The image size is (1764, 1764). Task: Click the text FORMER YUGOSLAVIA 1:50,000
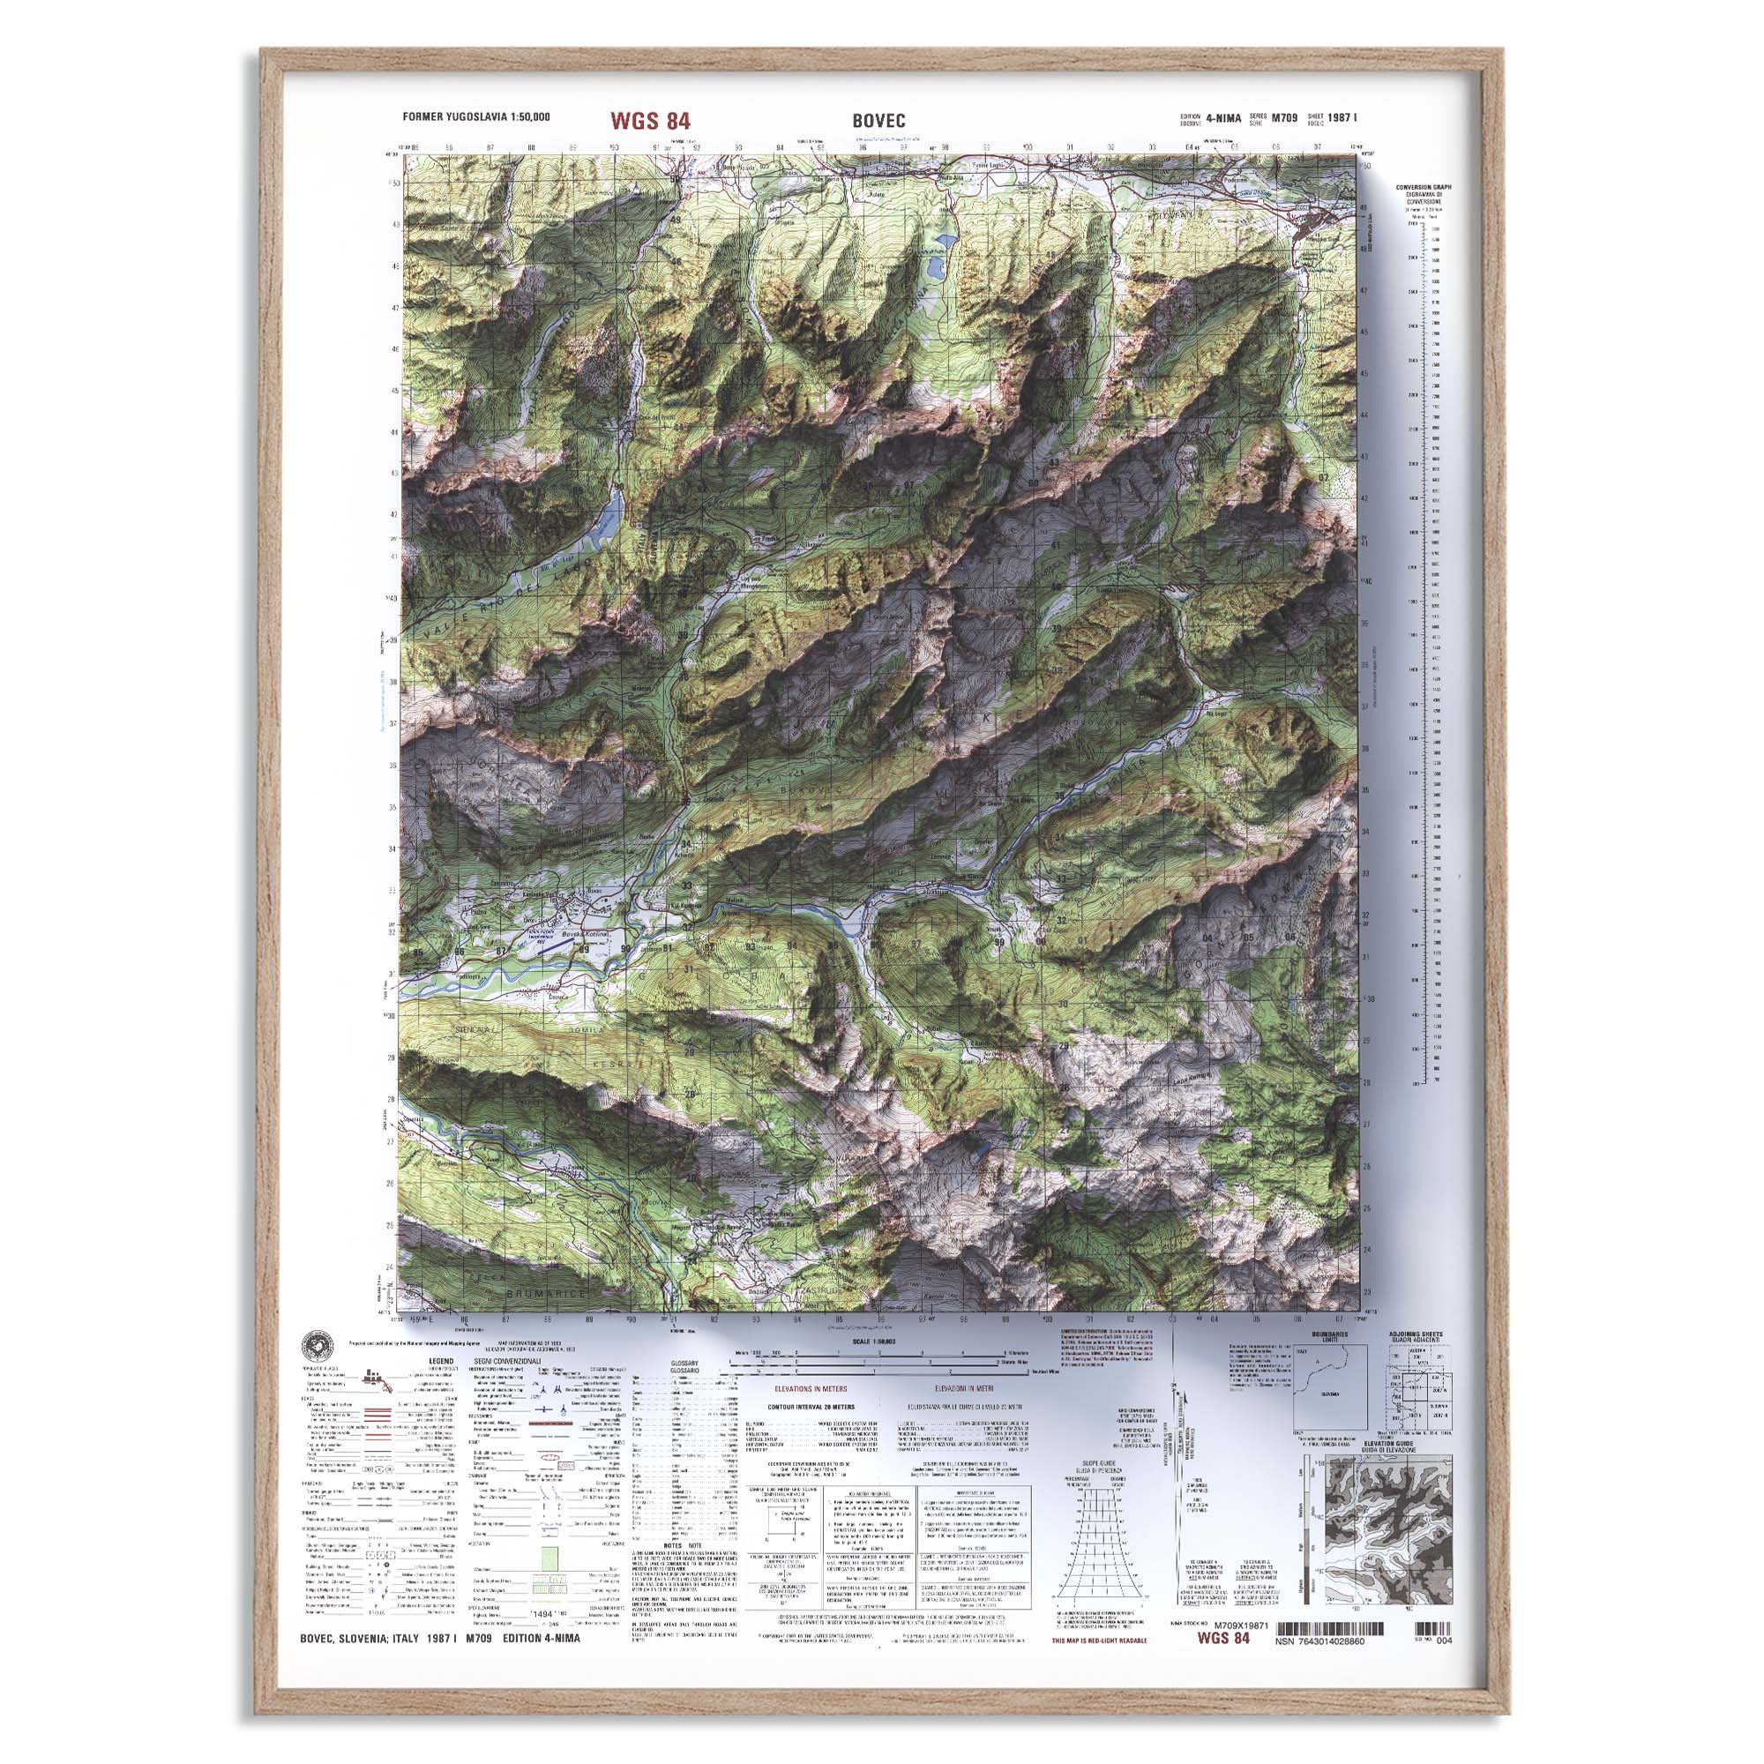pyautogui.click(x=475, y=117)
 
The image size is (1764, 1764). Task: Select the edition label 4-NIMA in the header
pyautogui.click(x=1222, y=117)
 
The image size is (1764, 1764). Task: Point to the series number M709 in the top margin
pyautogui.click(x=1286, y=117)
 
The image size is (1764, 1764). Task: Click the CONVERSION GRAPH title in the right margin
pyautogui.click(x=1423, y=187)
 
